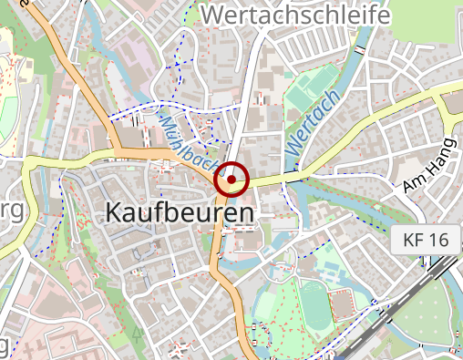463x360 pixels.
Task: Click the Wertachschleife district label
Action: (x=295, y=15)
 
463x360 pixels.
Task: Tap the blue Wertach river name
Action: (x=313, y=121)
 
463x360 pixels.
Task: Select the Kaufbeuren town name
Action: (x=180, y=212)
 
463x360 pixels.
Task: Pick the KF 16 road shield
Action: (x=425, y=241)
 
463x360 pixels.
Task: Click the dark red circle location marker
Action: (x=232, y=180)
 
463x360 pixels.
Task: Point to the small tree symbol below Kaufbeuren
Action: (x=138, y=334)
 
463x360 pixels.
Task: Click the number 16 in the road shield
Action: (x=437, y=241)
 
